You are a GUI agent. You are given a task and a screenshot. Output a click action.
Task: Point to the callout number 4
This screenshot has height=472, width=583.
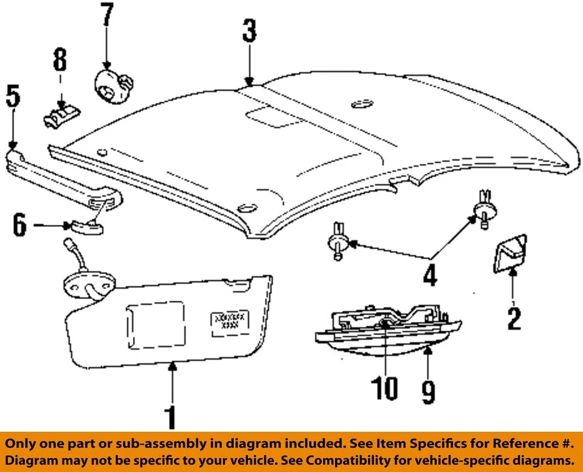point(429,275)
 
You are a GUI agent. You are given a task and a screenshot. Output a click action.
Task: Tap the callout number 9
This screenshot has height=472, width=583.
point(428,391)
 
